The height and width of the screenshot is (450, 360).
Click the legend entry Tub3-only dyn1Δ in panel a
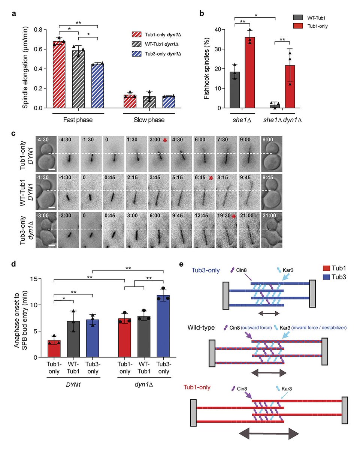pos(162,54)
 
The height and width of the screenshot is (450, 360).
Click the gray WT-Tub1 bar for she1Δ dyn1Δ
pos(275,106)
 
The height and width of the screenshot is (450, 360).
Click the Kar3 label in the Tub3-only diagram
pos(285,270)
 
